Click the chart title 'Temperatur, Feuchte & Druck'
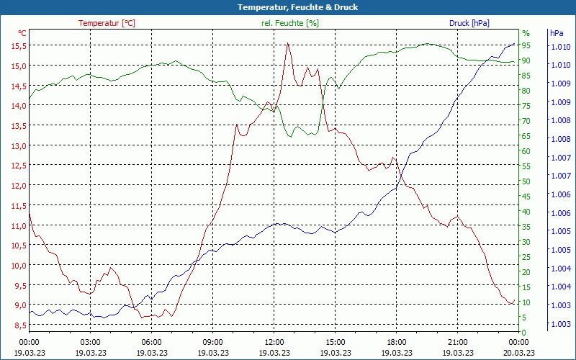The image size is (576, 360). [288, 7]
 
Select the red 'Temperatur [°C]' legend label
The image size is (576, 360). [107, 23]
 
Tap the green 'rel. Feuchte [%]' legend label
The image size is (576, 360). [289, 23]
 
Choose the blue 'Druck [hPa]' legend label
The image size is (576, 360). [469, 23]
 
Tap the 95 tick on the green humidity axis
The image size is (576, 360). [526, 45]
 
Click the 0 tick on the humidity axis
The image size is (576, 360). [524, 332]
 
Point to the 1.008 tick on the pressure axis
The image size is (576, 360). [561, 120]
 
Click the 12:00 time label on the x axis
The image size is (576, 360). [274, 342]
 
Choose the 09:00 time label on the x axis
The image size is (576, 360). [213, 342]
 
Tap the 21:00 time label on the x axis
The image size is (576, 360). [458, 342]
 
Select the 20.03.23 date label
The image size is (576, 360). [519, 353]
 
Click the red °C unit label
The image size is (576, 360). [22, 33]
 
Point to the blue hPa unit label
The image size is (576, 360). [557, 33]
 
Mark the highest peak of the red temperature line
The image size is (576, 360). [287, 44]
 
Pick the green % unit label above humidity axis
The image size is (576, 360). [526, 33]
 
